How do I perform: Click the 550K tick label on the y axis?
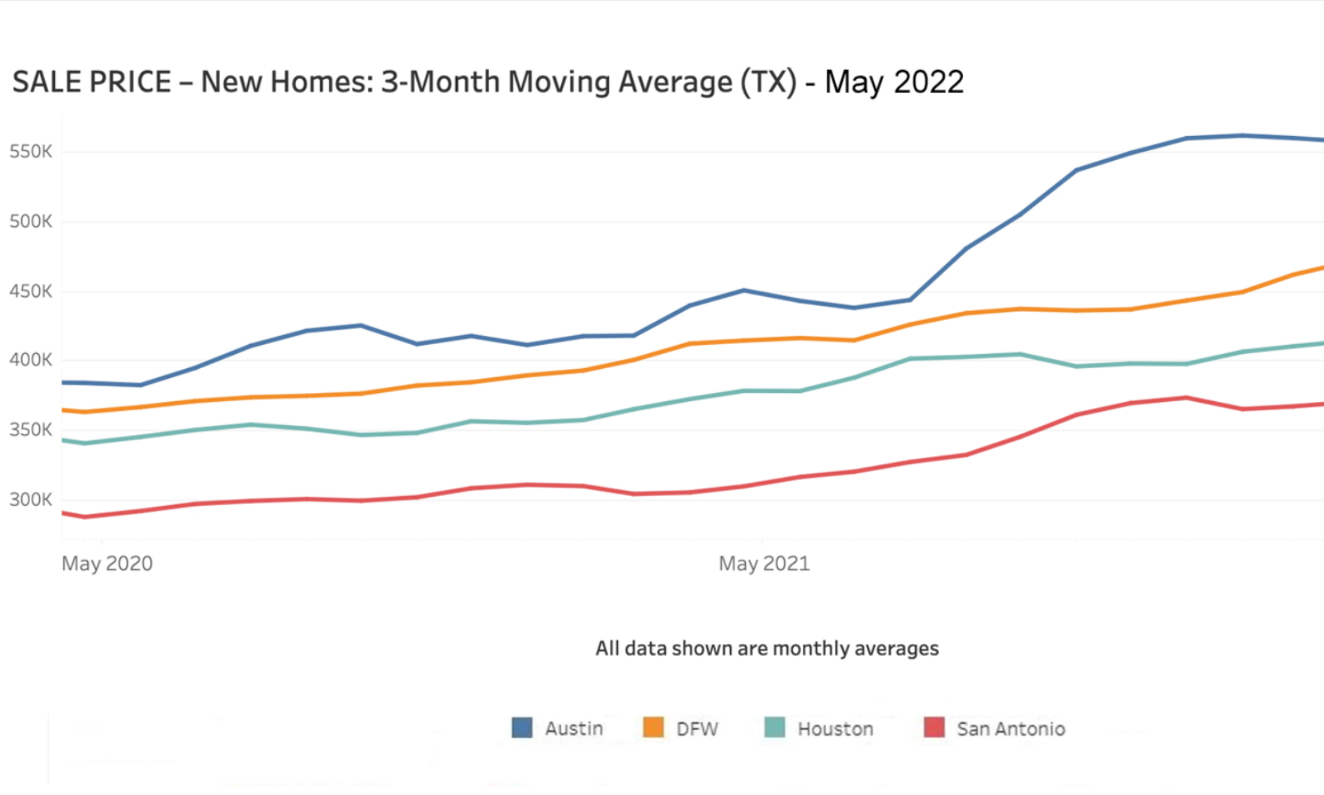[31, 152]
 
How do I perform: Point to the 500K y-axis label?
[31, 222]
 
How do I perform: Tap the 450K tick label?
[31, 292]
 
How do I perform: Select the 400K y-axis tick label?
[31, 360]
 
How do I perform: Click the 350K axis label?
[31, 430]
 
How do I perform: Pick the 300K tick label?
[31, 500]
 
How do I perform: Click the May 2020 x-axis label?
[107, 564]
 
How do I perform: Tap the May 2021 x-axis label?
[765, 564]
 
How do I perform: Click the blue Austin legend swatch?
[522, 727]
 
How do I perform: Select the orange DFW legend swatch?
[653, 727]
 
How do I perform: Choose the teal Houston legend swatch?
[774, 727]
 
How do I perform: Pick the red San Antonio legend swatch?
[934, 727]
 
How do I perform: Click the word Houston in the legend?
[835, 729]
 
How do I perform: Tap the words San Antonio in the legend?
[1011, 729]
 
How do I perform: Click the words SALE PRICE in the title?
[92, 82]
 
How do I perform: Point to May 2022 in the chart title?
[894, 82]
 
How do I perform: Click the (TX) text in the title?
[768, 82]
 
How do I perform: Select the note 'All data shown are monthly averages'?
[767, 648]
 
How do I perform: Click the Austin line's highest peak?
[1243, 136]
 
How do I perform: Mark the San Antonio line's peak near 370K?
[1187, 397]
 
